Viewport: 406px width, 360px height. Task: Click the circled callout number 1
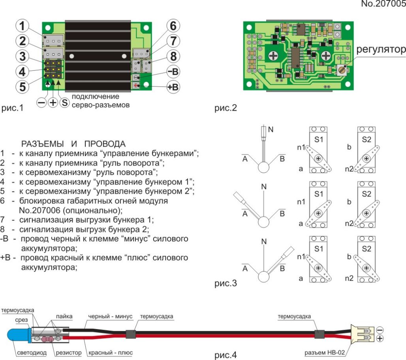[22, 26]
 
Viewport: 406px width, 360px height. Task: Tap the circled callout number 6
[173, 26]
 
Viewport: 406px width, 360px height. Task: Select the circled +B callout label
[173, 87]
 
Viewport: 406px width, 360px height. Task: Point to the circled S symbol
[64, 103]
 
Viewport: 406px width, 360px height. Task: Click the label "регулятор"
[381, 49]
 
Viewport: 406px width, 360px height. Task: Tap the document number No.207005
[383, 4]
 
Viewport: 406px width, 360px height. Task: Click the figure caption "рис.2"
[226, 108]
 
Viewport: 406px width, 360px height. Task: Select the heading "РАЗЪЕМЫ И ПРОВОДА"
[73, 144]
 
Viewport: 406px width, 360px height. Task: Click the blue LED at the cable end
[18, 335]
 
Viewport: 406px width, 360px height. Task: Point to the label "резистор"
[69, 353]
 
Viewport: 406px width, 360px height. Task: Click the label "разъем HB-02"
[325, 352]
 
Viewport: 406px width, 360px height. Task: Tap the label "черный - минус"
[110, 316]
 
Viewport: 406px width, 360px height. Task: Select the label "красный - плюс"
[111, 353]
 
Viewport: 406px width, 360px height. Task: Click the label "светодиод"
[32, 353]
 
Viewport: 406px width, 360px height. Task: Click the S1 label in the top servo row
[318, 139]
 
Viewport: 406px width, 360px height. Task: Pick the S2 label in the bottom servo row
[367, 249]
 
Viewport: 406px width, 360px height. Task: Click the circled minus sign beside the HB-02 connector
[380, 330]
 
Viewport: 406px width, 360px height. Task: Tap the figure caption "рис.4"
[226, 355]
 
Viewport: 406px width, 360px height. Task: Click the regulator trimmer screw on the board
[342, 70]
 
